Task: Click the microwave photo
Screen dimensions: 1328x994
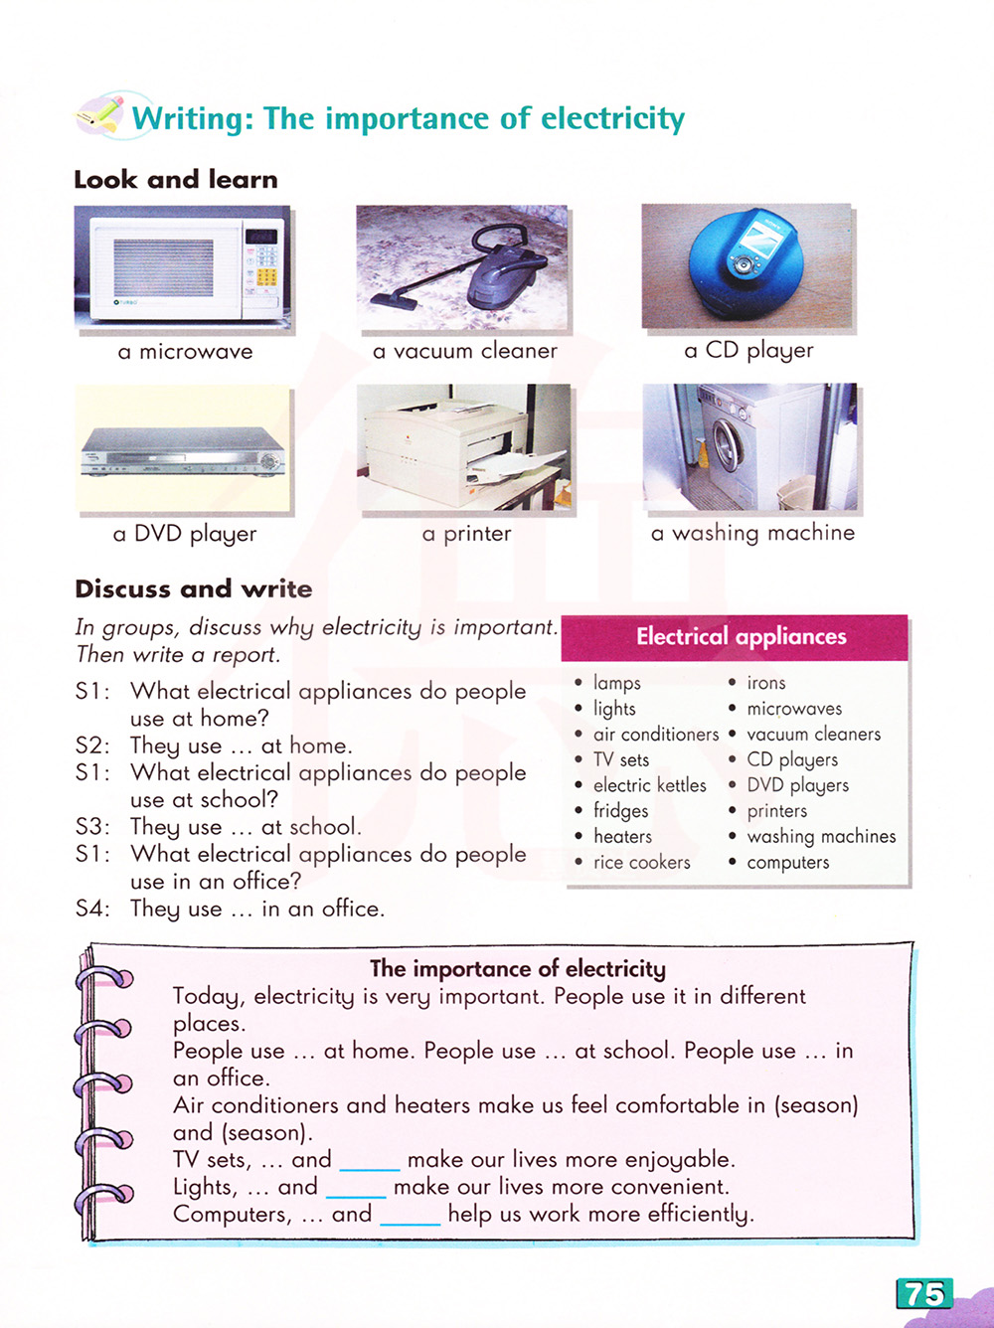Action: [182, 266]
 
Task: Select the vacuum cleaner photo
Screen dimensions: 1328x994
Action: [462, 267]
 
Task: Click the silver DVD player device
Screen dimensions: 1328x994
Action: [184, 452]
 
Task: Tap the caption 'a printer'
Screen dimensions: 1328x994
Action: [466, 534]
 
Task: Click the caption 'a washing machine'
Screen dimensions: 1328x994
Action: [752, 534]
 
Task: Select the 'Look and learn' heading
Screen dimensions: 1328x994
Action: [176, 180]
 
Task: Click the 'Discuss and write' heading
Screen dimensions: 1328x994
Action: [194, 589]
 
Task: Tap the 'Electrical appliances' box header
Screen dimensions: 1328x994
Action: [741, 637]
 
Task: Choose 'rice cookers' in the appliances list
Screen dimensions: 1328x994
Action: [641, 863]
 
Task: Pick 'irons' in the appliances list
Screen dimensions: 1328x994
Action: [766, 683]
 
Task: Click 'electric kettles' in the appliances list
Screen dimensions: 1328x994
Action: [649, 785]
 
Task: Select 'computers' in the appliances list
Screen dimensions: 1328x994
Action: [787, 863]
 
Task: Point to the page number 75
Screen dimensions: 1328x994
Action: [924, 1293]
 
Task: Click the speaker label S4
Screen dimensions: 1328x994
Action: [91, 909]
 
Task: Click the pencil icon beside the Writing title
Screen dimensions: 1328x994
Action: [100, 114]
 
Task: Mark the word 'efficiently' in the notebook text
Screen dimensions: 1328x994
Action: [700, 1214]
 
